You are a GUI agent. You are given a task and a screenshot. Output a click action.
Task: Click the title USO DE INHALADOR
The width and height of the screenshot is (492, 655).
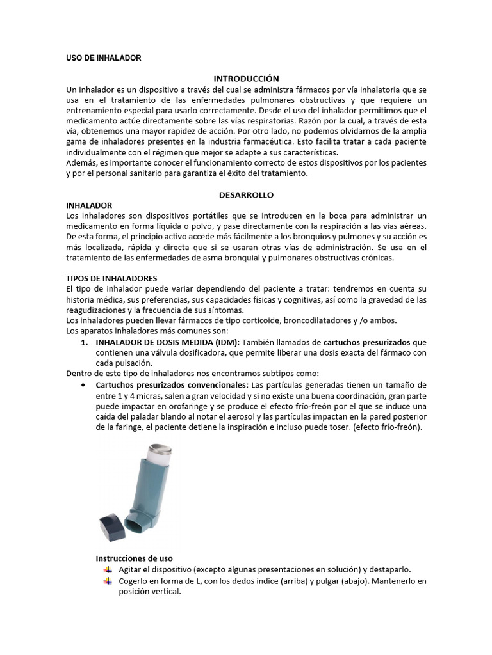[x=103, y=58]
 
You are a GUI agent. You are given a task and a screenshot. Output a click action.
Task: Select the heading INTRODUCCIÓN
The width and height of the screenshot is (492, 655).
[x=247, y=79]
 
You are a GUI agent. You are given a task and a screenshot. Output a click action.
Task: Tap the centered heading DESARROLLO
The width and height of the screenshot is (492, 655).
[x=247, y=194]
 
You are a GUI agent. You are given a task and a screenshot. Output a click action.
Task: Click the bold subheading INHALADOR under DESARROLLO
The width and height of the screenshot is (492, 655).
[x=89, y=205]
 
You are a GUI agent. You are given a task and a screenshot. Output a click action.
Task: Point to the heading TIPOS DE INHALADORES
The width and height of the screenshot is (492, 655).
[x=111, y=278]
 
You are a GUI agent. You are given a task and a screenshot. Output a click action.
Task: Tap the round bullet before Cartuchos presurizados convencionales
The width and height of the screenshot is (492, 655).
[x=85, y=385]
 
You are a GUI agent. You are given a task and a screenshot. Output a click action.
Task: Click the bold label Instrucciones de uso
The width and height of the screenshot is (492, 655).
[x=134, y=558]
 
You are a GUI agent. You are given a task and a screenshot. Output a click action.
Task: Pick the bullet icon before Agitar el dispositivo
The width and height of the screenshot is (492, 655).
[x=106, y=569]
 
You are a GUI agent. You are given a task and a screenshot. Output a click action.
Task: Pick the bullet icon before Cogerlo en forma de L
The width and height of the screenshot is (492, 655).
[x=106, y=581]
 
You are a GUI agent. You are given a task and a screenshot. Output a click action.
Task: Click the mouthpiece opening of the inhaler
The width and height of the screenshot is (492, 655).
[x=138, y=524]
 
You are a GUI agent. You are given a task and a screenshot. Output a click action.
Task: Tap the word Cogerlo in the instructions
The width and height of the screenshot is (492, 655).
[x=135, y=581]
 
